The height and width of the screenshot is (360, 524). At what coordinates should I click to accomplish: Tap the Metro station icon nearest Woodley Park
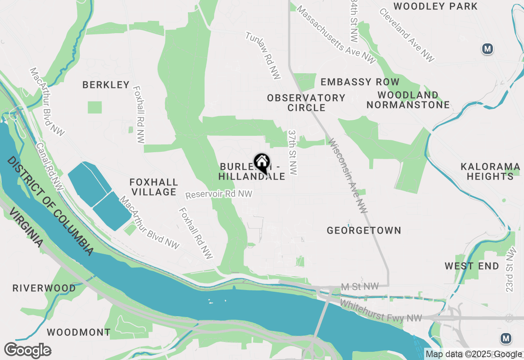(x=487, y=49)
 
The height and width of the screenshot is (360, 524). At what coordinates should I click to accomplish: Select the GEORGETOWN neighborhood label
(x=364, y=231)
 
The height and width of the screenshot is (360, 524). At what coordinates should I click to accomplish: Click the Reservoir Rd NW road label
(x=219, y=194)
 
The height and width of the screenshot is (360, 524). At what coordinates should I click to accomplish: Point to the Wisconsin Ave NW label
(x=348, y=176)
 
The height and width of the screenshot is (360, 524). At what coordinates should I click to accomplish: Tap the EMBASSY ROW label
(x=360, y=82)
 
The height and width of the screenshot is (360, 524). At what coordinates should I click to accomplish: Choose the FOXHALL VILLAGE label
(x=154, y=187)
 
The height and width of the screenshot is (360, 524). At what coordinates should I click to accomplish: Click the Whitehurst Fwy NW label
(x=381, y=311)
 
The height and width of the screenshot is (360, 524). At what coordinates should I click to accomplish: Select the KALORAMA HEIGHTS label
(x=490, y=172)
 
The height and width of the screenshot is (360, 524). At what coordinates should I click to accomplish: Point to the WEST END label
(x=472, y=266)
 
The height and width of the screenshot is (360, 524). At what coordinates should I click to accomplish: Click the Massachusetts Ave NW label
(x=336, y=34)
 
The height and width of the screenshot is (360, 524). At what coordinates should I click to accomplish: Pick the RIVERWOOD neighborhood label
(x=44, y=288)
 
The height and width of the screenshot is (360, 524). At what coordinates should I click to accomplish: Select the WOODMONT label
(x=79, y=332)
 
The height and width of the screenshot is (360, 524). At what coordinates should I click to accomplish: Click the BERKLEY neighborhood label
(x=106, y=85)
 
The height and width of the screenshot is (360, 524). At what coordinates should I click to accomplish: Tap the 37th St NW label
(x=293, y=153)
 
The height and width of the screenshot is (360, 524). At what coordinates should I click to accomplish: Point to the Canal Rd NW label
(x=49, y=166)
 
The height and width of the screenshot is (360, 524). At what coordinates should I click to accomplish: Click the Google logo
(x=27, y=351)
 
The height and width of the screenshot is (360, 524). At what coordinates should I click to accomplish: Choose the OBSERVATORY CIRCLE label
(x=306, y=103)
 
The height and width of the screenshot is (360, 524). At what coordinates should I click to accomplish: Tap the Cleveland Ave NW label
(x=406, y=35)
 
